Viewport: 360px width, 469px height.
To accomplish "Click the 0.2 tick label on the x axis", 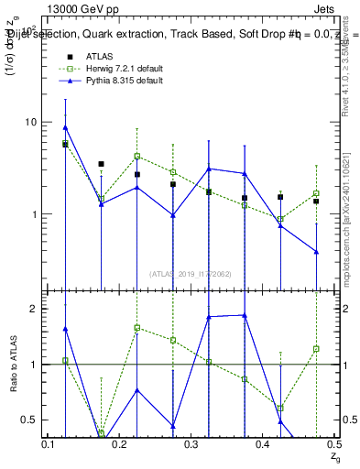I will pos(121,443).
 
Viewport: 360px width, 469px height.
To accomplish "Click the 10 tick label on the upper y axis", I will pos(30,122).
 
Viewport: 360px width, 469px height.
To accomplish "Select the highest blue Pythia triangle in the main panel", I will pos(65,127).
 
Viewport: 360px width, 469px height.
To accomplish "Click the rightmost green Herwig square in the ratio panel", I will pos(316,348).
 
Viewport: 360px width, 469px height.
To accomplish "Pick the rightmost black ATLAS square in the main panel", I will pos(316,201).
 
